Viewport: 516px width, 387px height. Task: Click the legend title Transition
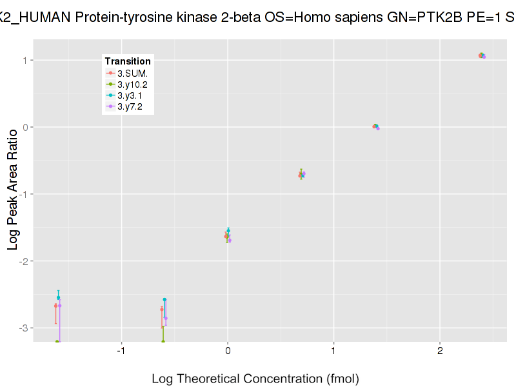128,61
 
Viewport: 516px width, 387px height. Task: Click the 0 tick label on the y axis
25,127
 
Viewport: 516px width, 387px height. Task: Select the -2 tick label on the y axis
23,261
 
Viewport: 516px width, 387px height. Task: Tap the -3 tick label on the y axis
23,328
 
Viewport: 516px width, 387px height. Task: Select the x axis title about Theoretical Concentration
255,379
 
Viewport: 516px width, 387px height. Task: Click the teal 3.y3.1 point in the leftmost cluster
58,298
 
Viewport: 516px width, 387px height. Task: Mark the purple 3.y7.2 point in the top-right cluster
484,57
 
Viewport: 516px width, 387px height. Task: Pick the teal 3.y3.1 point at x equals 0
228,231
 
